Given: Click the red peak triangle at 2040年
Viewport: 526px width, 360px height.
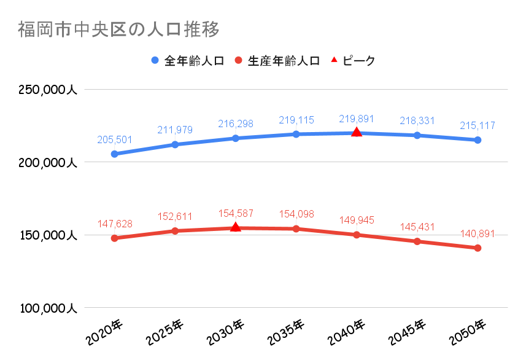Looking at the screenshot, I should pos(357,132).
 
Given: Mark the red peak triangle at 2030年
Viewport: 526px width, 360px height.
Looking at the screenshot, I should pos(235,227).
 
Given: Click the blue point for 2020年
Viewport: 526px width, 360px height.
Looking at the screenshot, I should pos(114,154).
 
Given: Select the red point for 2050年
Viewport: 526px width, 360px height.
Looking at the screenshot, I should pos(478,248).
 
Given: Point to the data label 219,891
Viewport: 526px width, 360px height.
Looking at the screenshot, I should pos(357,119).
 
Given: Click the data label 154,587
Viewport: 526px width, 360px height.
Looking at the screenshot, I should pos(236,213).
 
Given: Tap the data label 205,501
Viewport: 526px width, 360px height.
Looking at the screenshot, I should pos(115,139).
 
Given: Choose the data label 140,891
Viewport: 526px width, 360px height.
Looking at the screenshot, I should pos(478,233).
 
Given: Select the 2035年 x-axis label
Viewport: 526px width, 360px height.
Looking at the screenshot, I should pos(287,332).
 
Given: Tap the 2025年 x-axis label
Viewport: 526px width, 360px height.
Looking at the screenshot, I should pos(166,332).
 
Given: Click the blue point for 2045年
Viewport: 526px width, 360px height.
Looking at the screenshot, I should pos(417,135).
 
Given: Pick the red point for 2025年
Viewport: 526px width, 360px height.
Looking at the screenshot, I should pos(175,231).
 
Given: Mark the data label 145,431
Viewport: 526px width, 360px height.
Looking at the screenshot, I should pos(417,227).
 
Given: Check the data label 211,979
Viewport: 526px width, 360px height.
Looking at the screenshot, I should pos(175,130).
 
